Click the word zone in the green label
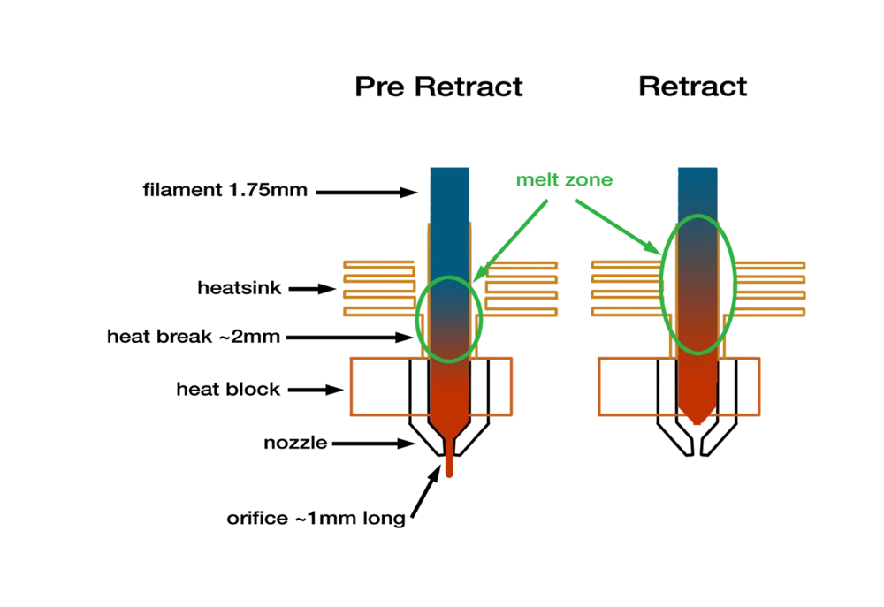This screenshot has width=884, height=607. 590,180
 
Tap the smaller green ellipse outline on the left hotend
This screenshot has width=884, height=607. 417,318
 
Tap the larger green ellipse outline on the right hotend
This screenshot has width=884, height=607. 663,283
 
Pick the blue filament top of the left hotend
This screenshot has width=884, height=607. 449,190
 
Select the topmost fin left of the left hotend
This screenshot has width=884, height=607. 378,264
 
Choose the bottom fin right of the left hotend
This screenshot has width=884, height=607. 522,312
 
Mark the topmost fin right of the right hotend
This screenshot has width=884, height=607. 770,264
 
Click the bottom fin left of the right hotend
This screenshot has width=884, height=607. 627,312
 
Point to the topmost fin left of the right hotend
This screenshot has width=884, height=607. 627,264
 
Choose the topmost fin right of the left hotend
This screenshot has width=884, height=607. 522,264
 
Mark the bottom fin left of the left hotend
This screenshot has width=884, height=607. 378,312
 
